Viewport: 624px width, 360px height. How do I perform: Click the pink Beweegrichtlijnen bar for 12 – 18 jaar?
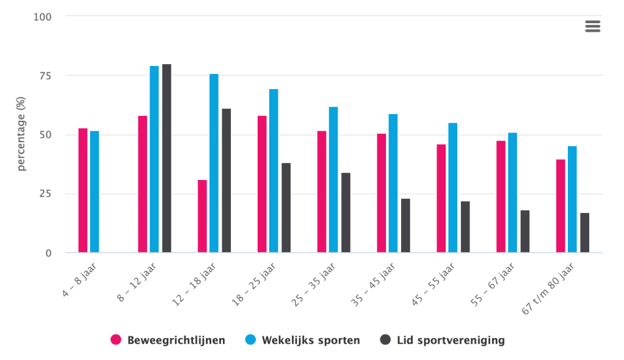click(202, 216)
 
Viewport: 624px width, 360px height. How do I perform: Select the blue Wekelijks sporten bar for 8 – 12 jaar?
click(154, 159)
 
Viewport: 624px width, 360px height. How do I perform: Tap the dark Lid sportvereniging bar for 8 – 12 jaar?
click(167, 158)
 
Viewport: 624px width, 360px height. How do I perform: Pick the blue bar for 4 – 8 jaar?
click(95, 192)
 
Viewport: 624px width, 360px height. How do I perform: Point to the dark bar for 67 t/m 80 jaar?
click(585, 232)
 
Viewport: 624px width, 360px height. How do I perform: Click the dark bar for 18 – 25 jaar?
click(286, 207)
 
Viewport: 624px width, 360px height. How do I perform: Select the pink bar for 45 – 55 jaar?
click(441, 198)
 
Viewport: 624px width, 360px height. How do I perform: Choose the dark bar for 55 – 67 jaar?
click(525, 231)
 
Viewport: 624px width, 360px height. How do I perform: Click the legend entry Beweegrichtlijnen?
click(168, 340)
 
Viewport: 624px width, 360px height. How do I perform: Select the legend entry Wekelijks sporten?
click(303, 340)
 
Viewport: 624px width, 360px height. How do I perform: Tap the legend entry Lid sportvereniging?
click(443, 340)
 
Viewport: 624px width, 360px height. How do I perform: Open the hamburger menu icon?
click(592, 26)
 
